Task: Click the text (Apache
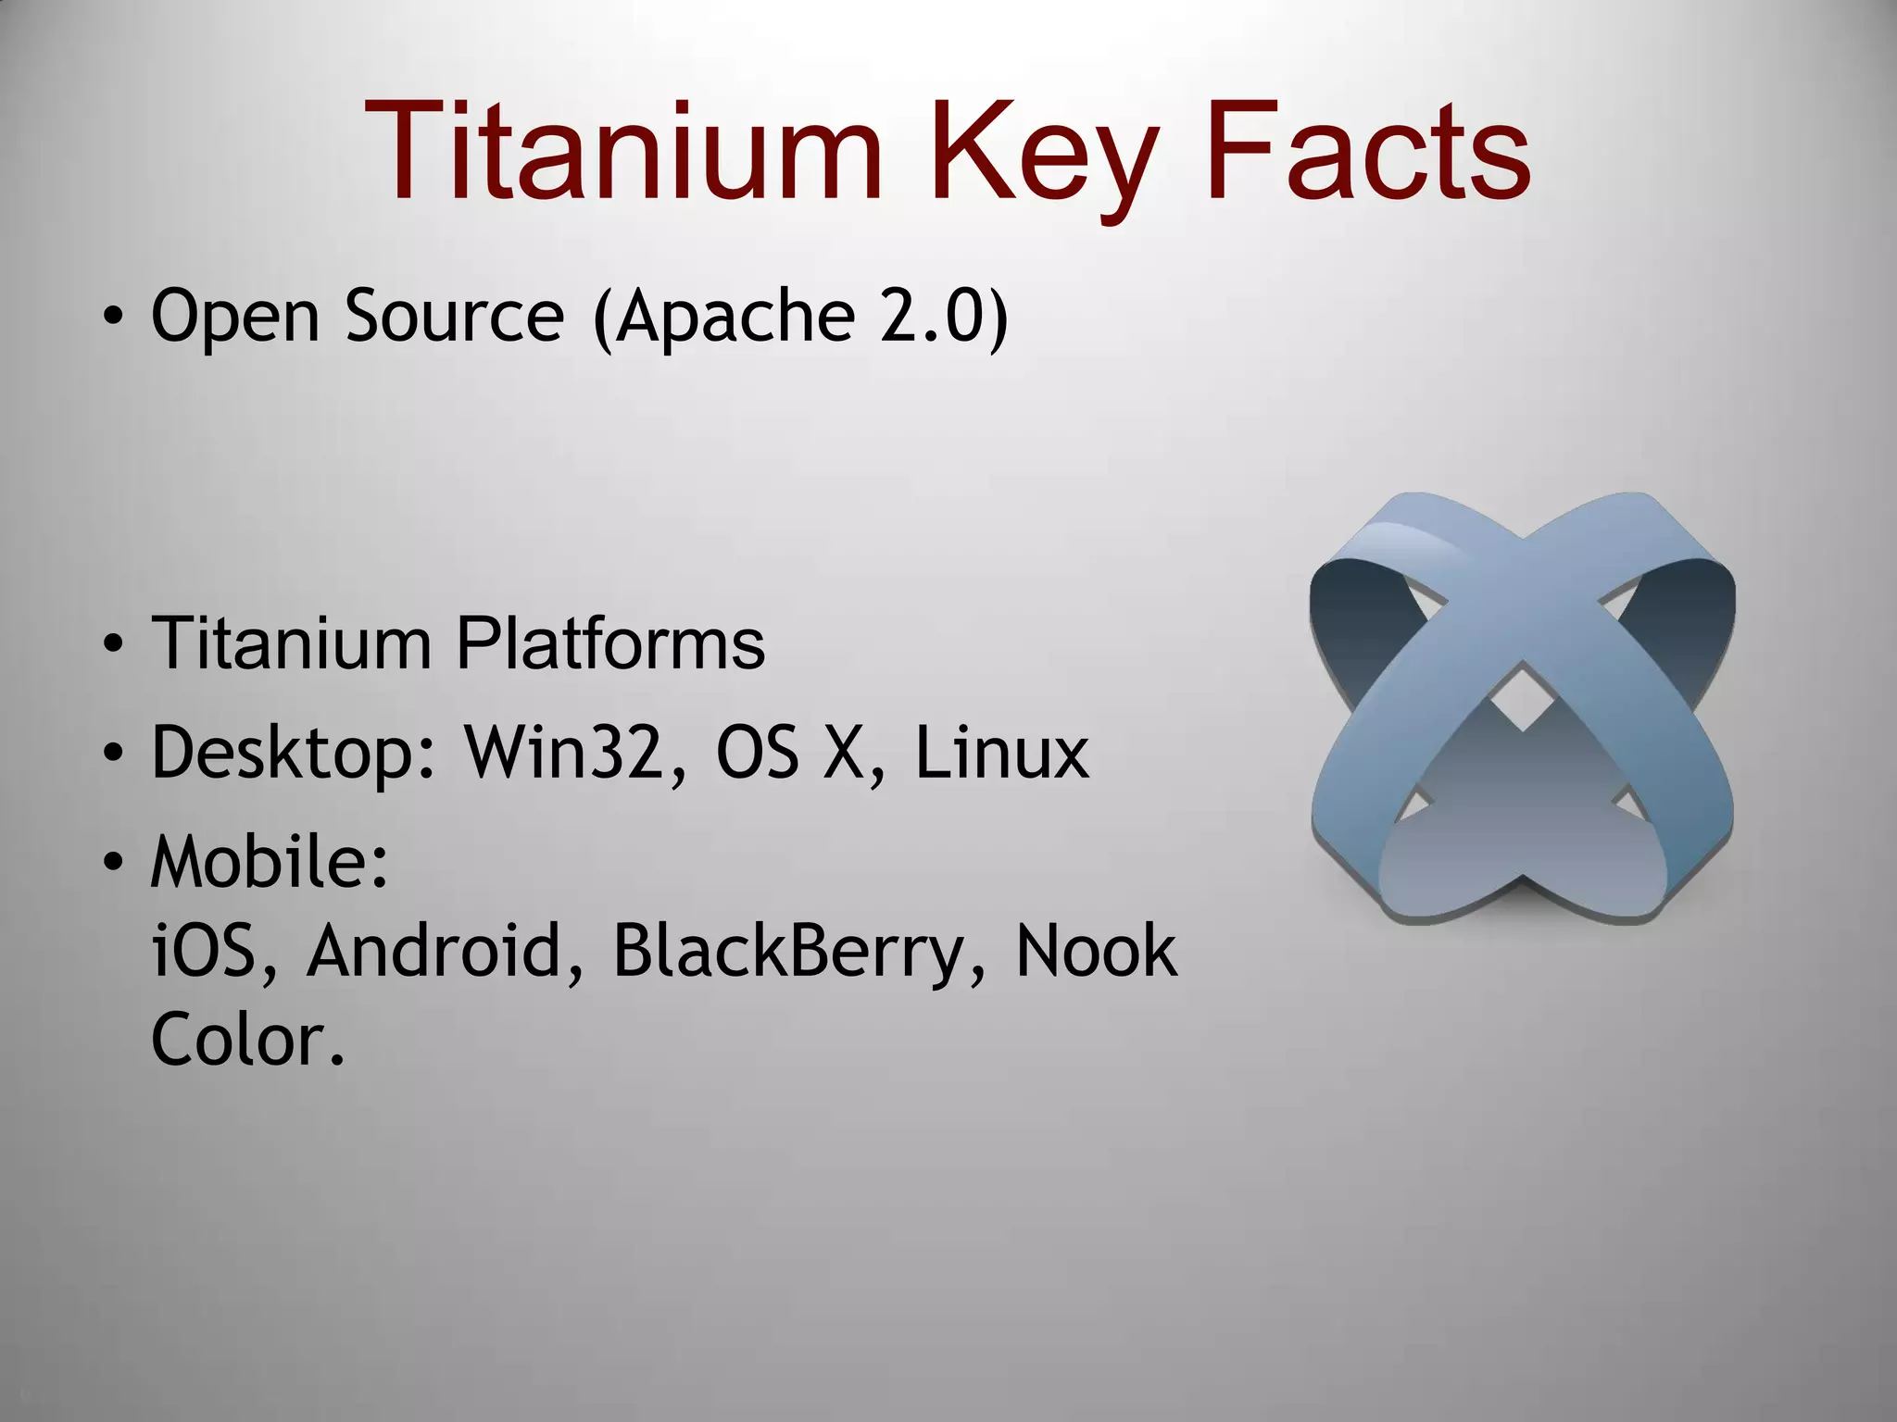[x=723, y=318]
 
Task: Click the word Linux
[x=1001, y=752]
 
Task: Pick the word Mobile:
[x=269, y=861]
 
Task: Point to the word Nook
[x=1096, y=951]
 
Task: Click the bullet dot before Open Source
[x=111, y=318]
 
